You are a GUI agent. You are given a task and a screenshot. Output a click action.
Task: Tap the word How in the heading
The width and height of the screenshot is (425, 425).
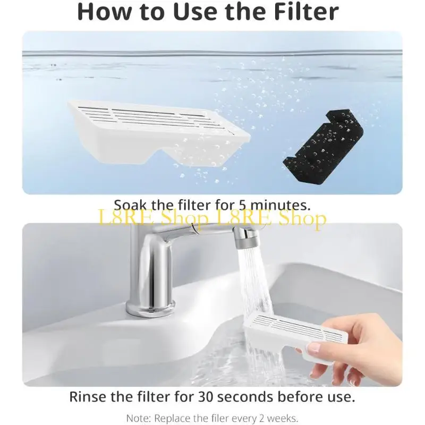coord(103,12)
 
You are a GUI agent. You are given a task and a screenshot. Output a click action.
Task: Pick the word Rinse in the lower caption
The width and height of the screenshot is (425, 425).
coord(87,396)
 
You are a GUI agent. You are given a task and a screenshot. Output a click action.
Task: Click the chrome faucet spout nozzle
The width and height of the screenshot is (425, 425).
coord(245,237)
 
